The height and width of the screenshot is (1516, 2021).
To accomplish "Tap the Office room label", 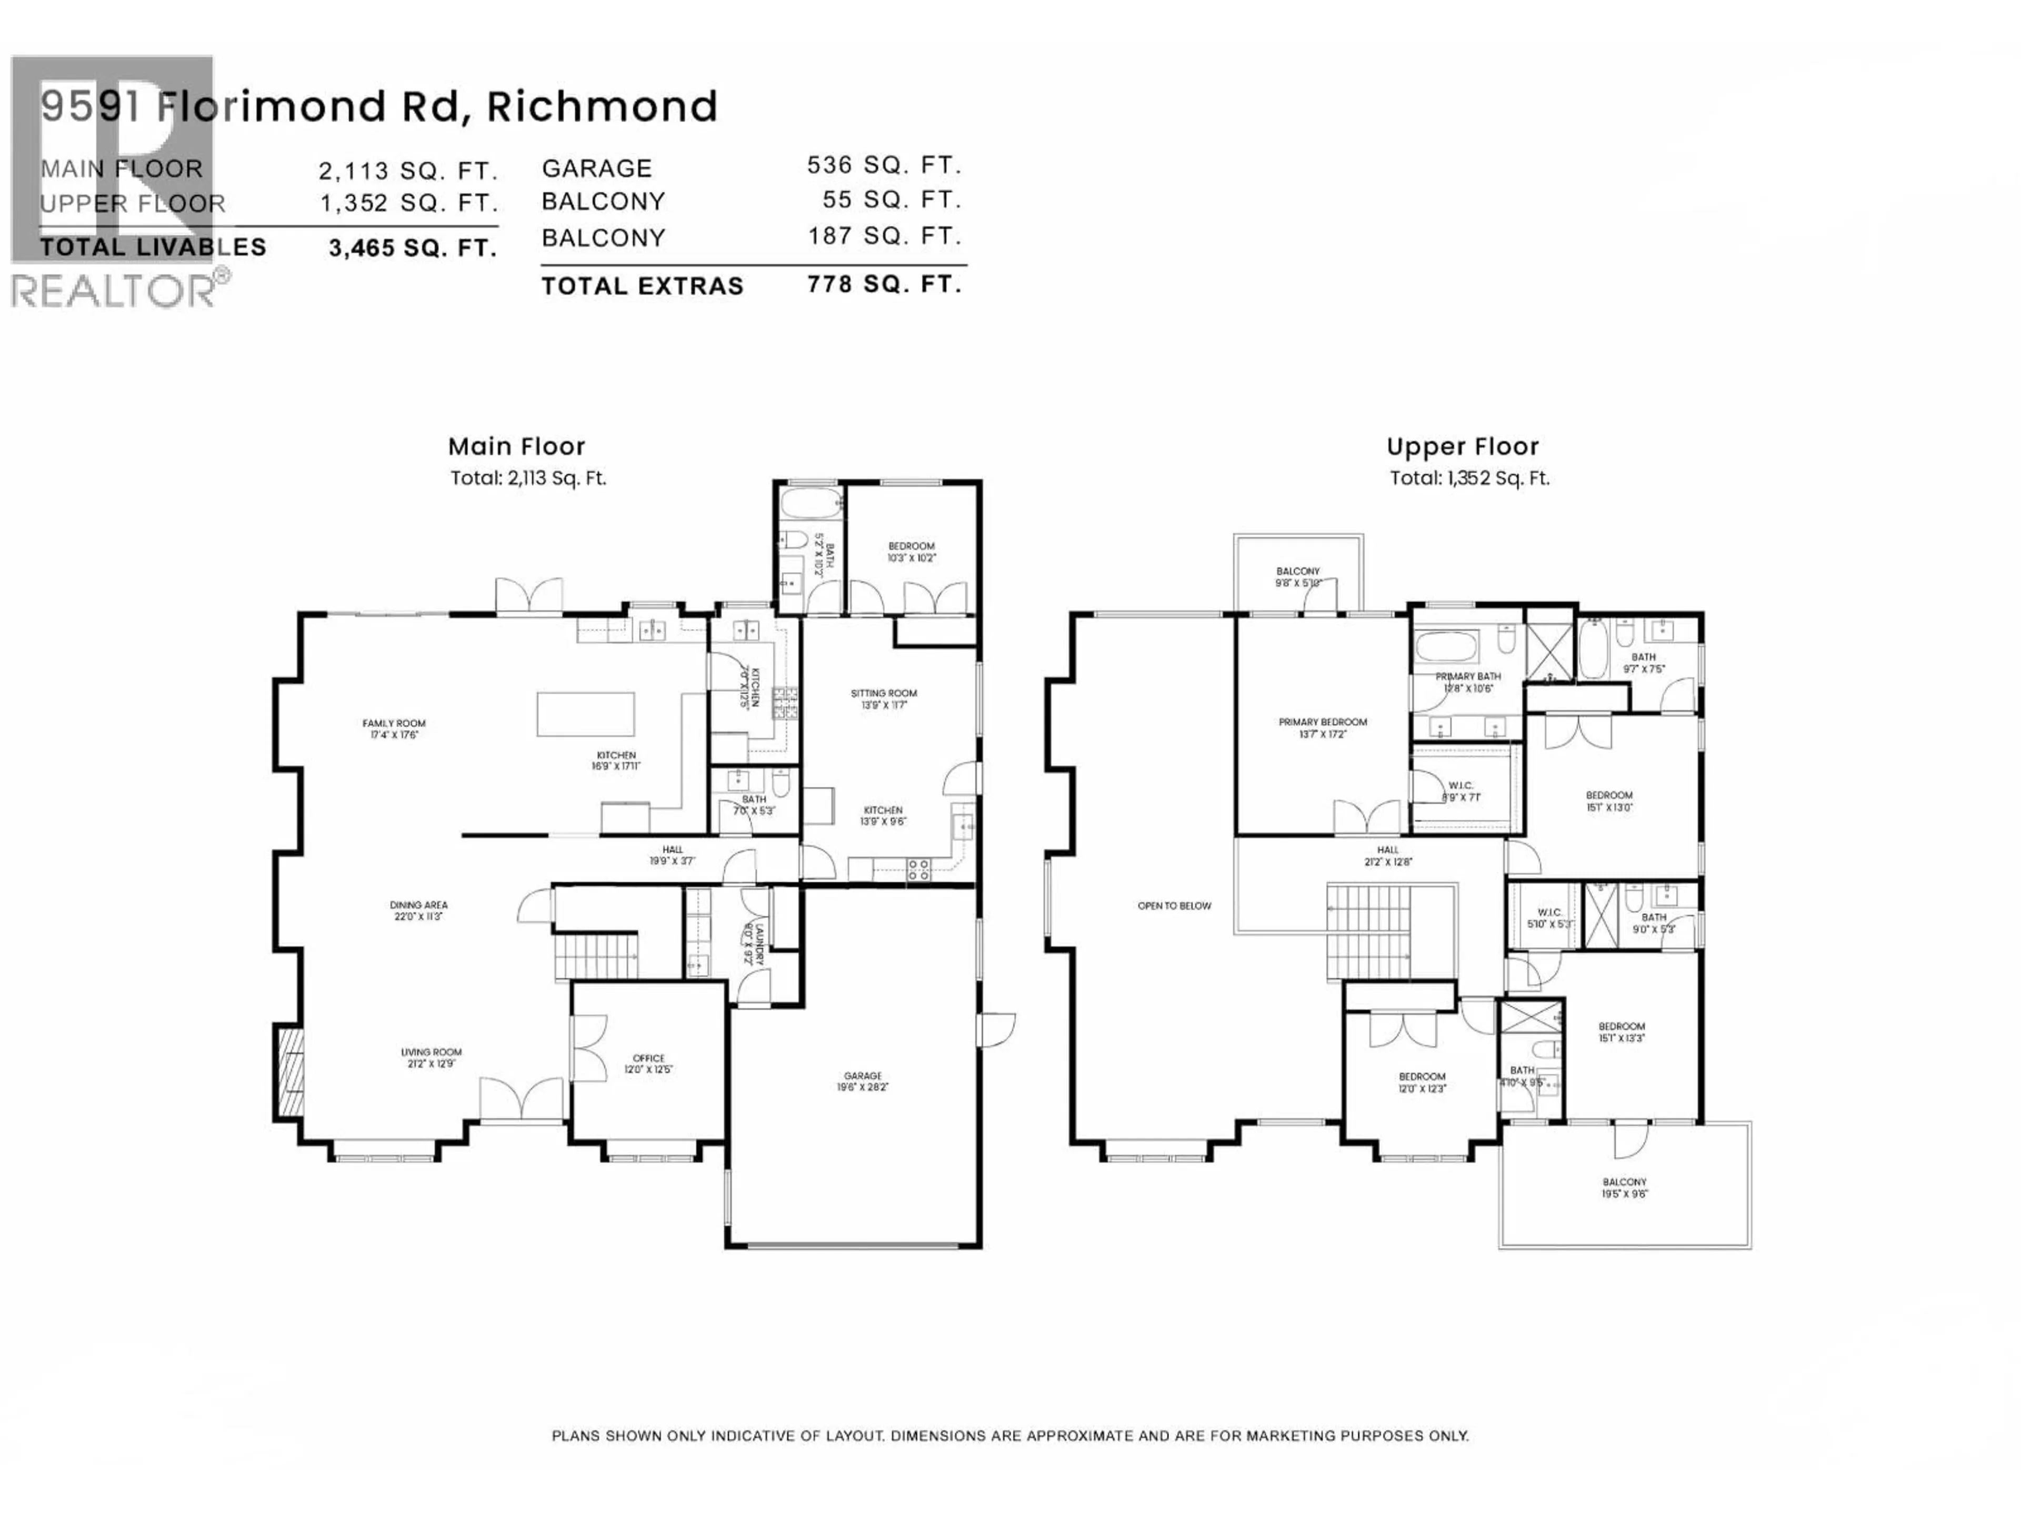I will (x=649, y=1063).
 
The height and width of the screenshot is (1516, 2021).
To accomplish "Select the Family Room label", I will (x=394, y=729).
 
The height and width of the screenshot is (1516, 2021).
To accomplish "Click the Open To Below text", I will (x=1174, y=905).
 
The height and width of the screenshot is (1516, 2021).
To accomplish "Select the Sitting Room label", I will (x=884, y=698).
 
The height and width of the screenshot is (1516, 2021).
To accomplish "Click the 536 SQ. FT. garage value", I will (x=884, y=165).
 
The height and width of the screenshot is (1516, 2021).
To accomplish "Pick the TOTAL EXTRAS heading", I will (x=642, y=286).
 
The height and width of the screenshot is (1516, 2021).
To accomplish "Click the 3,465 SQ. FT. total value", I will (x=413, y=247).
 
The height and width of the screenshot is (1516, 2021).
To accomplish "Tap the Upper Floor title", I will (x=1462, y=447).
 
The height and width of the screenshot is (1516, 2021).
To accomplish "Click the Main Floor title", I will (x=516, y=447).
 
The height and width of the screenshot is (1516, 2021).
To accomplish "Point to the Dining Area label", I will (x=418, y=910).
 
